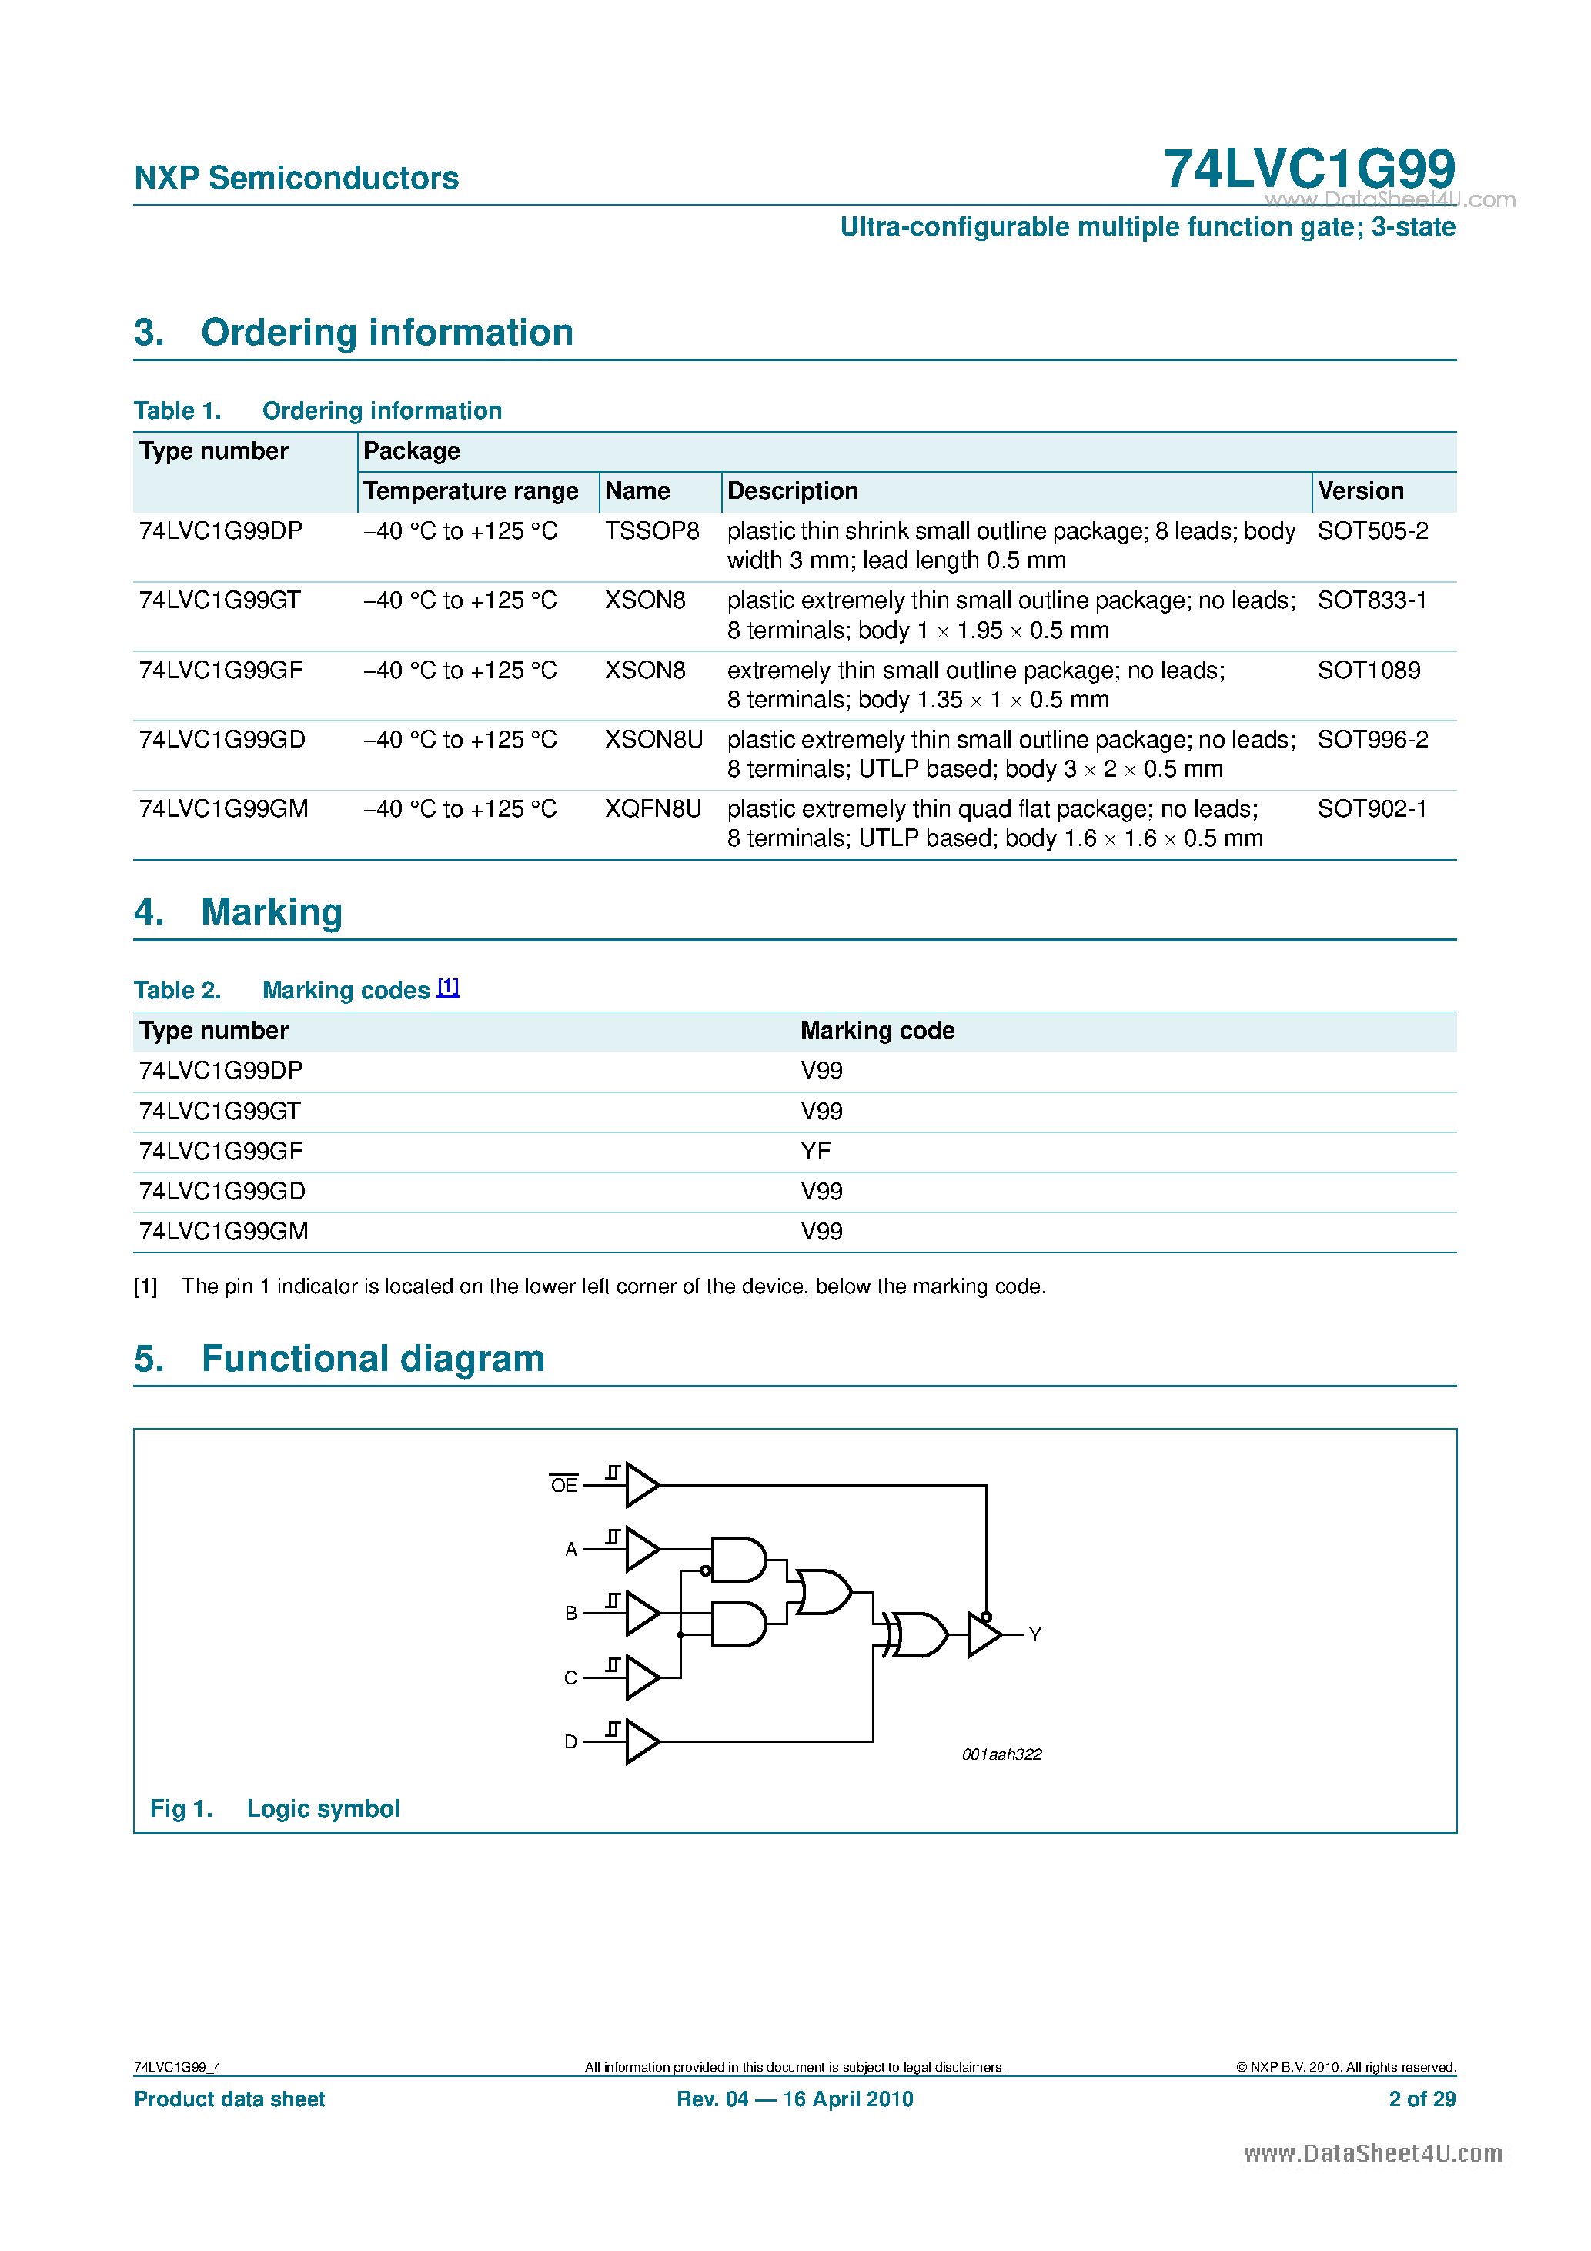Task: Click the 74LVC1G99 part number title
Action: (x=1308, y=169)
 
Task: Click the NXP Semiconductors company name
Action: (x=296, y=179)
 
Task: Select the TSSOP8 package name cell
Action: (x=651, y=531)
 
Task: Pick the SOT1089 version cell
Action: (x=1368, y=671)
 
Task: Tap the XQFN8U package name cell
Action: (x=652, y=809)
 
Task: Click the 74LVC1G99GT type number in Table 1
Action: (x=219, y=600)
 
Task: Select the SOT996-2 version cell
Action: (x=1372, y=739)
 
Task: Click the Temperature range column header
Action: (x=470, y=491)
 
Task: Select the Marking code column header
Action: (x=877, y=1030)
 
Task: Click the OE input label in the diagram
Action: (x=563, y=1485)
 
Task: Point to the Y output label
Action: (x=1034, y=1634)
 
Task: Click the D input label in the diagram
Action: (x=570, y=1741)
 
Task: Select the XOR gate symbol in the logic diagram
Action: (x=917, y=1634)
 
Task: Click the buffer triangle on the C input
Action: (x=641, y=1677)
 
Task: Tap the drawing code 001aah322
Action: (x=1001, y=1754)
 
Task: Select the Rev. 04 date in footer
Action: (x=794, y=2099)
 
